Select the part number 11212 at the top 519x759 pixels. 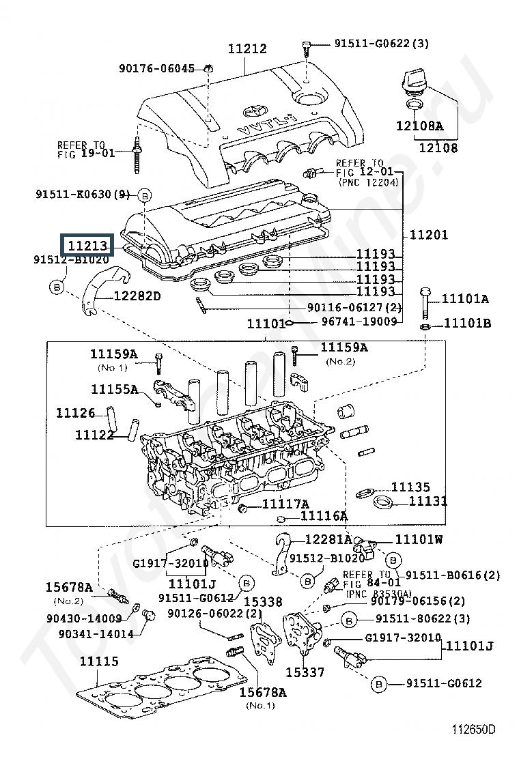(247, 49)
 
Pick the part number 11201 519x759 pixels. (429, 235)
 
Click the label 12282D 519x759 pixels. (137, 296)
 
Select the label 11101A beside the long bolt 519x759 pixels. (465, 299)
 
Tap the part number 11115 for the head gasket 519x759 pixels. (99, 661)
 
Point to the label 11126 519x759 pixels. (75, 413)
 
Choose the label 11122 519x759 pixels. (94, 435)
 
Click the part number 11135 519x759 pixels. (410, 487)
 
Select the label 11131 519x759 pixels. (428, 502)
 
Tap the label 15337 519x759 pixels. (304, 672)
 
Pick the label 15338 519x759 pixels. (263, 602)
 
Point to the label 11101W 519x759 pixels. (419, 539)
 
